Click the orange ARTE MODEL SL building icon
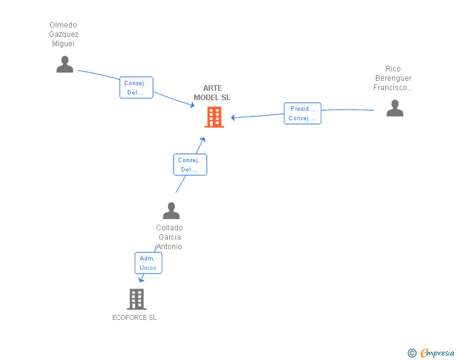(x=214, y=117)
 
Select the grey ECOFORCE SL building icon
(x=137, y=299)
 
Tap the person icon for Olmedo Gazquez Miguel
(x=65, y=64)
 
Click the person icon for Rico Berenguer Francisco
(x=395, y=108)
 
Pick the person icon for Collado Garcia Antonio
(x=171, y=210)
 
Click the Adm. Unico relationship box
(x=148, y=263)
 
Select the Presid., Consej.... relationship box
(x=303, y=113)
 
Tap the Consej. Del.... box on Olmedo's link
(x=137, y=88)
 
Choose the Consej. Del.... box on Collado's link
(x=190, y=165)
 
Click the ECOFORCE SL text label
(x=134, y=317)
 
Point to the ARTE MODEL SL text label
(x=212, y=93)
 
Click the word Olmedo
(x=63, y=24)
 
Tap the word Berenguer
(x=393, y=78)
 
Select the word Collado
(x=169, y=228)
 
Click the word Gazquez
(x=64, y=34)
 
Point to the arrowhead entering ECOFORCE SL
(x=142, y=280)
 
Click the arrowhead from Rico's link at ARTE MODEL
(x=233, y=118)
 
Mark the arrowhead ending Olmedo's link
(x=192, y=105)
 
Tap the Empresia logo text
(x=437, y=352)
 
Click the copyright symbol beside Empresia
(x=412, y=353)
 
